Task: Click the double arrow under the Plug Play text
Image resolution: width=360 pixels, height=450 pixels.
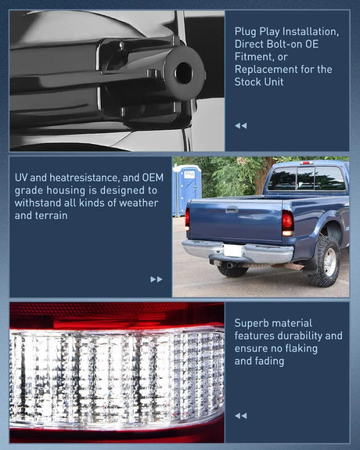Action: pos(240,125)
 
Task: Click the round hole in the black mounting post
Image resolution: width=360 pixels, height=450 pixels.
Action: pos(183,73)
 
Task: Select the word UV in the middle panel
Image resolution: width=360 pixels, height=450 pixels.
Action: pos(22,178)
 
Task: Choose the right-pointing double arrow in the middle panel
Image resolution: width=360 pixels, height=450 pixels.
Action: pos(157,279)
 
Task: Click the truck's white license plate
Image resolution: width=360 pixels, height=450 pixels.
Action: pos(232,250)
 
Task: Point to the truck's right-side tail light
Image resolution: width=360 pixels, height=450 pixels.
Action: pos(287,223)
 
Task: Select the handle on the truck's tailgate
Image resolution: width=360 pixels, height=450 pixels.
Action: pos(232,210)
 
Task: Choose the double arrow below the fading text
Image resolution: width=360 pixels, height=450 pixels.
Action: pos(240,416)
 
